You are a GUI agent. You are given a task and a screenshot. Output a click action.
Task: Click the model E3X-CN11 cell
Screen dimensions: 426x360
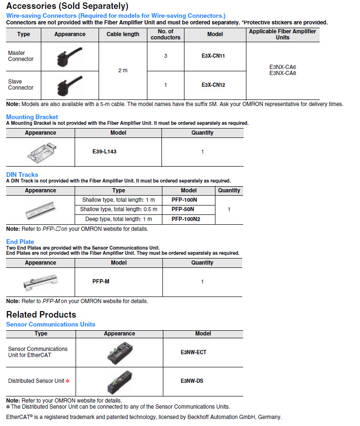coord(213,56)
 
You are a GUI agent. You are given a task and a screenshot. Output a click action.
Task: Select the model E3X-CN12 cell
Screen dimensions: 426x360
coord(213,85)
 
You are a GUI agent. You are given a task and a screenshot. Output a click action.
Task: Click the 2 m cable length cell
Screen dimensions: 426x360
coord(123,70)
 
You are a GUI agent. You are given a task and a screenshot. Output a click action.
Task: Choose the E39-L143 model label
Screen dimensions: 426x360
coord(105,152)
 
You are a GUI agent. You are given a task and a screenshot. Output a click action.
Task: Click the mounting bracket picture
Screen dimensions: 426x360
coord(40,151)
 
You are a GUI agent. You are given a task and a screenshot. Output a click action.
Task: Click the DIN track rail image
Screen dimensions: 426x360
coord(41,210)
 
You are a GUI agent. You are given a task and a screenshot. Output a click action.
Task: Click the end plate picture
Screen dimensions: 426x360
coord(40,282)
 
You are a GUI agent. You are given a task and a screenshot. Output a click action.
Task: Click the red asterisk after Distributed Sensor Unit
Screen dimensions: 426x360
coord(68,381)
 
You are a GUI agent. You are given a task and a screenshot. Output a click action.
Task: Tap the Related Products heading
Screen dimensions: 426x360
coord(41,314)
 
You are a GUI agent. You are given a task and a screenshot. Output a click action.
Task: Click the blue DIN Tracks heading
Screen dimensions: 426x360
coord(22,175)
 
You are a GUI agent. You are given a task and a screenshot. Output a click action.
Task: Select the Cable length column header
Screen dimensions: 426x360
coord(123,34)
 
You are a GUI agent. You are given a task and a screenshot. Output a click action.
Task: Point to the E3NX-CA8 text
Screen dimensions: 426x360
coord(283,73)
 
